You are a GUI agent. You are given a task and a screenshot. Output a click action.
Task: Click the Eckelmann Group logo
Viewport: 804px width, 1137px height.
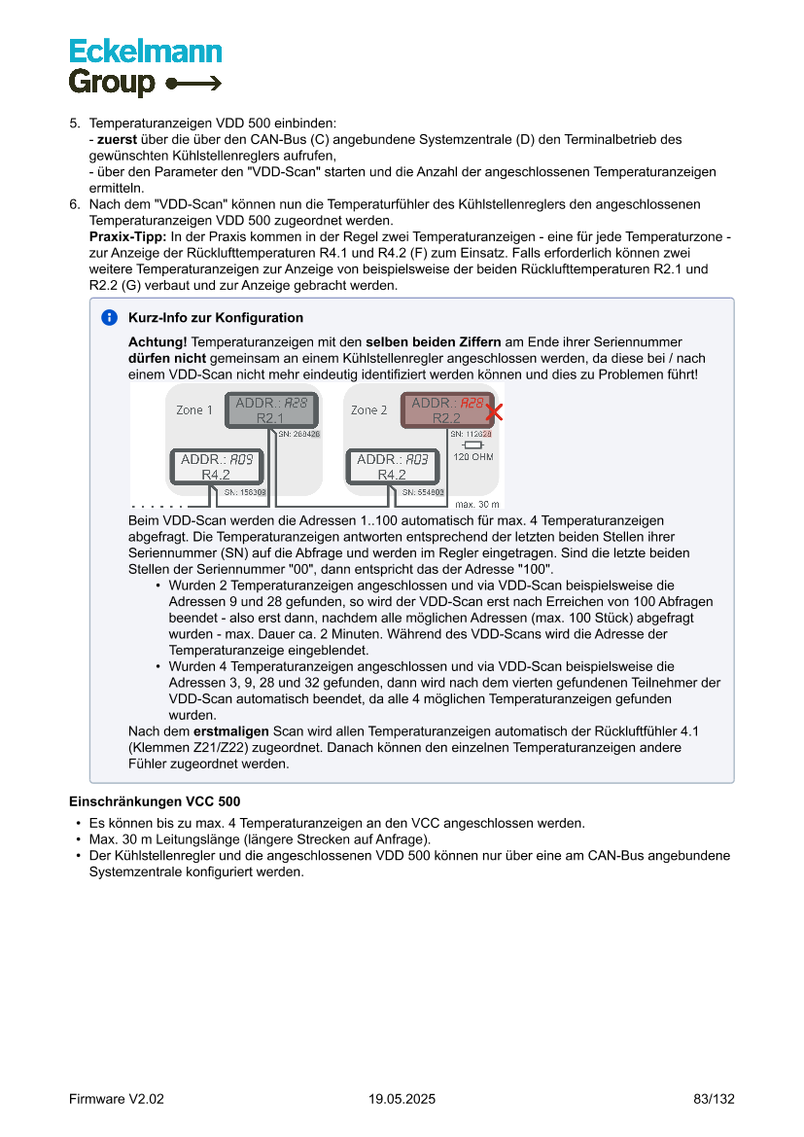pos(145,66)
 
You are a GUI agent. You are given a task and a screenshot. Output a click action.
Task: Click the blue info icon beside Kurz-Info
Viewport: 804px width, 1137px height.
pos(109,318)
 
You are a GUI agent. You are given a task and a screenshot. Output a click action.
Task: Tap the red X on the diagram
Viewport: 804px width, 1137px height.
pos(494,411)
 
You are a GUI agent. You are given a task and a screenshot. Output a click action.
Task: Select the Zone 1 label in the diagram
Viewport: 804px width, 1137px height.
pos(194,410)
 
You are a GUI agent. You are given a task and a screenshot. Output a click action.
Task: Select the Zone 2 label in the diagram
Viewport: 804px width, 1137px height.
pos(369,410)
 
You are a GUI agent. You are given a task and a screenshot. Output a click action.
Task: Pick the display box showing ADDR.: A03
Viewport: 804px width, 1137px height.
pos(392,467)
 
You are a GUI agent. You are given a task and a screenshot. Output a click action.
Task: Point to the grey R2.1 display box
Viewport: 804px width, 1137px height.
pos(270,410)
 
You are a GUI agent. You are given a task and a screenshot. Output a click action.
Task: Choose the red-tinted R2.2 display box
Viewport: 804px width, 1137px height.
pos(446,410)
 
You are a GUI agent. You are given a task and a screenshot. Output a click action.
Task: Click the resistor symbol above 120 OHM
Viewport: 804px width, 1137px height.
pos(472,445)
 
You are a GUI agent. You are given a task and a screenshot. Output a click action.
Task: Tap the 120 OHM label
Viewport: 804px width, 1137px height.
pos(473,457)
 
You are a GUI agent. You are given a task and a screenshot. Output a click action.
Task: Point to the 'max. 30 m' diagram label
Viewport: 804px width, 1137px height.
pos(476,505)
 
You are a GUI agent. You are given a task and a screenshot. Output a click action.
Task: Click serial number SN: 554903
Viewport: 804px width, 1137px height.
pos(423,493)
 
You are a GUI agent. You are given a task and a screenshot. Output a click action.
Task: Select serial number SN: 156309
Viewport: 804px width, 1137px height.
pos(245,493)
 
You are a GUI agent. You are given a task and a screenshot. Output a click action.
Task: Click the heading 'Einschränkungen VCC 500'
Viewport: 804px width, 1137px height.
pos(155,802)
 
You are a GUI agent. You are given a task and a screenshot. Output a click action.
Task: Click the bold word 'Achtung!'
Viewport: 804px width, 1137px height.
pos(157,342)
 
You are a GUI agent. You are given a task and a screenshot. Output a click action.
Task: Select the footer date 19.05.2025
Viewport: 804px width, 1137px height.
pos(402,1099)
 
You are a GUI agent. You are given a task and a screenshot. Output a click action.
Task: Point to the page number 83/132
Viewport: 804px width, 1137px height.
pos(714,1099)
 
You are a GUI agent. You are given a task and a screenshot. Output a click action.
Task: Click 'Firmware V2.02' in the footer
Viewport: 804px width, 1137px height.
pos(117,1099)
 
